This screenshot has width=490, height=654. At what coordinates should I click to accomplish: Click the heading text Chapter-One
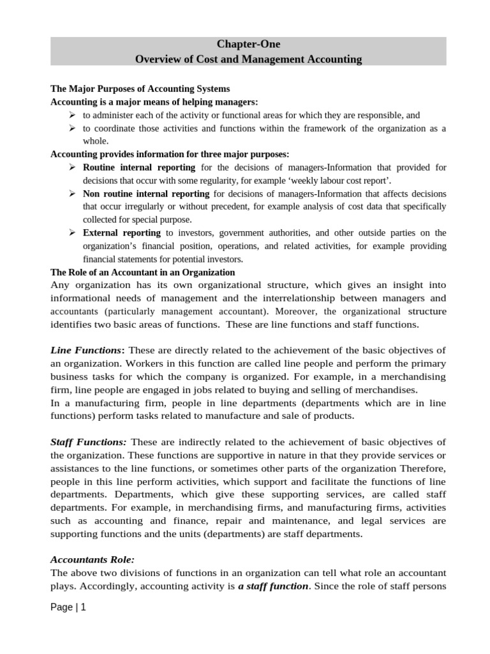248,45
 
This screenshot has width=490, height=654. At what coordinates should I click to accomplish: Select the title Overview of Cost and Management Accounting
248,59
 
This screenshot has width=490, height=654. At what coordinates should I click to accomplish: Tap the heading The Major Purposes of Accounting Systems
140,89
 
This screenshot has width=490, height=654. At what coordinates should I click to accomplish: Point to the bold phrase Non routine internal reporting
146,194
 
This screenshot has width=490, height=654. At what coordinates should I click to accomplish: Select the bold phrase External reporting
122,233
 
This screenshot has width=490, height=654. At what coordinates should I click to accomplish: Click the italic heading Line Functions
85,350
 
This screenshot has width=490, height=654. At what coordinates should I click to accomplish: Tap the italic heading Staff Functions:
89,442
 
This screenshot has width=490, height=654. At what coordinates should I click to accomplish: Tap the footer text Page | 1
68,608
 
